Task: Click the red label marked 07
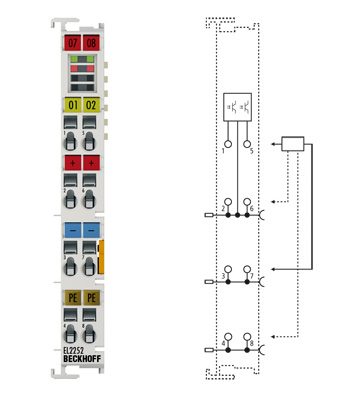tap(71, 43)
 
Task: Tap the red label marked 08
tap(91, 43)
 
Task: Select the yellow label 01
tap(71, 104)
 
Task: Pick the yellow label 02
tap(91, 104)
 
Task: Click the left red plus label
tap(71, 163)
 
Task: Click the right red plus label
tap(91, 163)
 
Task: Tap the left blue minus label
tap(71, 229)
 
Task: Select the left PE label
tap(71, 298)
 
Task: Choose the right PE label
tap(91, 298)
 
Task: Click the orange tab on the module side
tap(104, 256)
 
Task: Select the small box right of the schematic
tap(292, 143)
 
